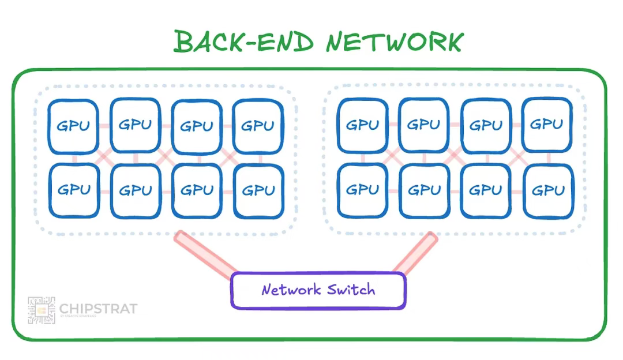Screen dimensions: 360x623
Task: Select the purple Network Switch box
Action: click(318, 290)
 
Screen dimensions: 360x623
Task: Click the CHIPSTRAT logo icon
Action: click(42, 310)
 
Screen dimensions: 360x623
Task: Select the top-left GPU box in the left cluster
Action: click(73, 126)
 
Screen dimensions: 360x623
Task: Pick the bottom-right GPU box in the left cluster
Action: click(258, 191)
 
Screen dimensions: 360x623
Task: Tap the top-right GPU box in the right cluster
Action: click(547, 125)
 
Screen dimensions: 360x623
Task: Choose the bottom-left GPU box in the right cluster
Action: click(362, 190)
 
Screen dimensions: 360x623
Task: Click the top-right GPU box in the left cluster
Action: click(257, 126)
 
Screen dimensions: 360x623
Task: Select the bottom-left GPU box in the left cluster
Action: click(73, 191)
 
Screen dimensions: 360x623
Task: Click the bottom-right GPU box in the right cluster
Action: click(548, 191)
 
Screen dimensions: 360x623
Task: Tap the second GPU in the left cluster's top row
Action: click(135, 125)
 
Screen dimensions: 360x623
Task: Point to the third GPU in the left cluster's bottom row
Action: click(197, 191)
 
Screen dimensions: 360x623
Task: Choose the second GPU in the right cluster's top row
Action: click(424, 125)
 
